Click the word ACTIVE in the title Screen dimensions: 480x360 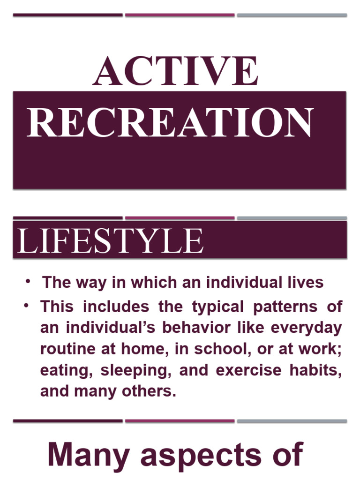click(176, 71)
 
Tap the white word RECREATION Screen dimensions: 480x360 click(170, 123)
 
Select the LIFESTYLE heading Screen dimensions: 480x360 click(111, 241)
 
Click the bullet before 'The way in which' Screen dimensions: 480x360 click(28, 281)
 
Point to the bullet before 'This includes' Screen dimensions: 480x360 click(28, 306)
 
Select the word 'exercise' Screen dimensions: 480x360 click(245, 370)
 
